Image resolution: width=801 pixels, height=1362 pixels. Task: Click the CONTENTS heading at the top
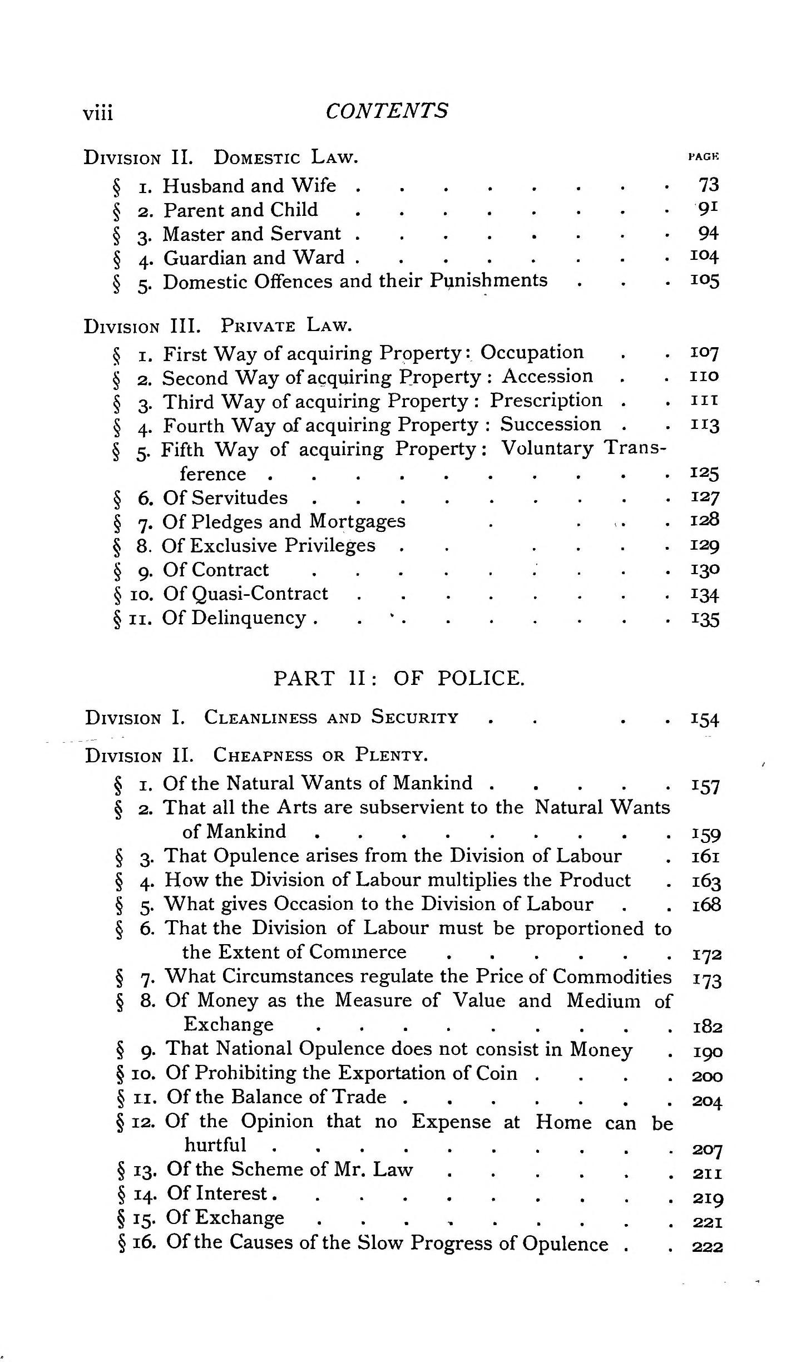coord(386,111)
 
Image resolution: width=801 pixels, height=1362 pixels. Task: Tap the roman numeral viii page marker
coord(98,113)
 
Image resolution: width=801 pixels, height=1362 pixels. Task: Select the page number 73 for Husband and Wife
coord(709,185)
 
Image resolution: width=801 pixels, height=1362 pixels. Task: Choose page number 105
coord(705,280)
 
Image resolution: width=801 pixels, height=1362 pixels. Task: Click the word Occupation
coord(532,352)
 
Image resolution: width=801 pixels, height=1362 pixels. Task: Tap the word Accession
coord(547,376)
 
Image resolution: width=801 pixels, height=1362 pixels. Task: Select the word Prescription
coord(546,400)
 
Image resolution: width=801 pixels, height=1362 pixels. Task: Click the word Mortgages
coord(357,521)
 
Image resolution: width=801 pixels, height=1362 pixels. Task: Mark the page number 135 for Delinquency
coord(705,619)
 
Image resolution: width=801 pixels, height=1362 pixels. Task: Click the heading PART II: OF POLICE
coord(399,678)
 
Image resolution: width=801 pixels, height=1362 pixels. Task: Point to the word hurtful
coord(215,1145)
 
